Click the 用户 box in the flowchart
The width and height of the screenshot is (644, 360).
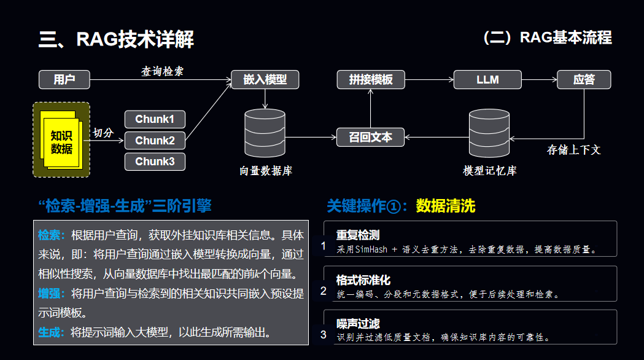(x=64, y=80)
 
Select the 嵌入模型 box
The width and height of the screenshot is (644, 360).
(x=265, y=80)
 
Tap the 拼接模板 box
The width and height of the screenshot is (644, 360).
(x=370, y=80)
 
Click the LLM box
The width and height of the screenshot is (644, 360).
(x=487, y=80)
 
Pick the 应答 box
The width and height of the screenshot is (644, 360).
(x=584, y=80)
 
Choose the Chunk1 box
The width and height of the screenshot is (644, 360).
(x=155, y=119)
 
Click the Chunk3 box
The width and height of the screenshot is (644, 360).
(x=155, y=162)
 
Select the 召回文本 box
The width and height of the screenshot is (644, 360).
(x=370, y=137)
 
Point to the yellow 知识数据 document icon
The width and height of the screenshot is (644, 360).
(x=61, y=141)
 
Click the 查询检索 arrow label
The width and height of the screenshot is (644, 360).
(x=162, y=71)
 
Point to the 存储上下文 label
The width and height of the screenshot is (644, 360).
(x=573, y=149)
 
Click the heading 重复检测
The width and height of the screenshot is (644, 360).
(x=358, y=235)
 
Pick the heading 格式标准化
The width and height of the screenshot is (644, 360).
(x=363, y=280)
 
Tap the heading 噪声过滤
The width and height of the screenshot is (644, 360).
(x=358, y=324)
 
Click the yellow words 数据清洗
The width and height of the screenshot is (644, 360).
(x=446, y=206)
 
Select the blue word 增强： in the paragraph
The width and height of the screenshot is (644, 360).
(x=52, y=293)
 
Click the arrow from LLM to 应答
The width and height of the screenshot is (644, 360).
(x=539, y=80)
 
